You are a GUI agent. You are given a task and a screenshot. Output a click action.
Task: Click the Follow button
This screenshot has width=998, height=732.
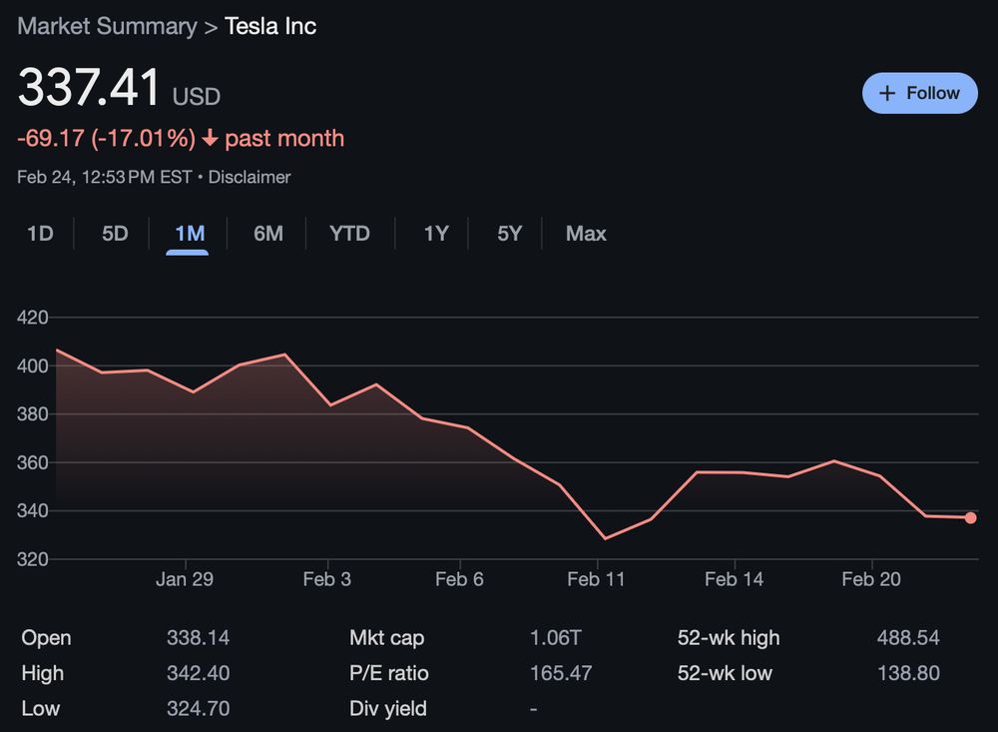point(919,93)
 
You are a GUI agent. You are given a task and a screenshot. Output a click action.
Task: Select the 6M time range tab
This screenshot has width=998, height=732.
point(267,234)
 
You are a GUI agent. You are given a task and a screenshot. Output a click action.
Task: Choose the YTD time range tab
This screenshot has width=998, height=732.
point(349,234)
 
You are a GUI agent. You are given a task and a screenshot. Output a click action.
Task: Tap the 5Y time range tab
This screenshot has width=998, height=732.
point(509,234)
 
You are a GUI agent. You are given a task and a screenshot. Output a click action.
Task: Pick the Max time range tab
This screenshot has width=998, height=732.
point(586,234)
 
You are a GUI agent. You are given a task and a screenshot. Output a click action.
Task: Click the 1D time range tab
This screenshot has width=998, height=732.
point(40,234)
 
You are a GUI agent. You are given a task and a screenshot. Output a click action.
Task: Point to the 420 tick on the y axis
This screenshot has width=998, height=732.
point(33,318)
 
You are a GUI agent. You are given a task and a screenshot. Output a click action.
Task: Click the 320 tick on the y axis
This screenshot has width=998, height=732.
point(33,559)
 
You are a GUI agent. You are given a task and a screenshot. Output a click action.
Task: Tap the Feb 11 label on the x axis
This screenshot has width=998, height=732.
point(596,580)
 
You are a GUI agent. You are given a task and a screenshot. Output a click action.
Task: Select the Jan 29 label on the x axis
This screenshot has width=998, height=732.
point(185,580)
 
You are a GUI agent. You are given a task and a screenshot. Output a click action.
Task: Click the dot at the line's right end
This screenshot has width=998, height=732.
point(970,517)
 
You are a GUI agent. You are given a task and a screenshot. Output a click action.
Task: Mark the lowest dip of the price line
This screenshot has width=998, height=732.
point(604,538)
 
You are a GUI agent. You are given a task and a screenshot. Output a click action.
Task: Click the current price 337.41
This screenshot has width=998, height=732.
point(90,88)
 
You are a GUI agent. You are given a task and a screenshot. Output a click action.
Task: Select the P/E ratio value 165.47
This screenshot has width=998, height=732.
point(560,673)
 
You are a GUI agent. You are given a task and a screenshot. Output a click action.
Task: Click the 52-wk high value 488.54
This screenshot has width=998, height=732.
point(907,638)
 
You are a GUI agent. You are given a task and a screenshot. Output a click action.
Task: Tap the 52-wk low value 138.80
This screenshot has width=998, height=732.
point(907,673)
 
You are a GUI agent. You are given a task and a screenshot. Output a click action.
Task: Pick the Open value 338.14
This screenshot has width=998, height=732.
point(198,638)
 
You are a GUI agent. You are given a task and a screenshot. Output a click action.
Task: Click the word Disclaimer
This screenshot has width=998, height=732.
point(249,178)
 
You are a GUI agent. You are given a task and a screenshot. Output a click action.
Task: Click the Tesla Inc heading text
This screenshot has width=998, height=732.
point(270,26)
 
